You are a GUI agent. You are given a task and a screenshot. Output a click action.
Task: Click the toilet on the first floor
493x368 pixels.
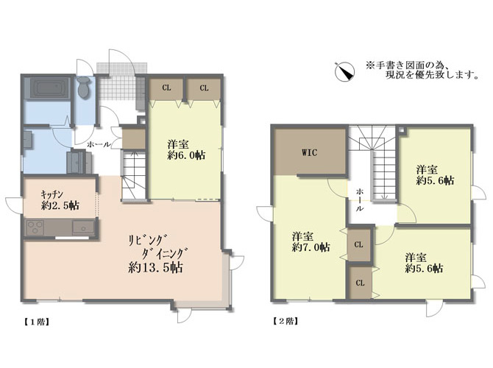point(84,87)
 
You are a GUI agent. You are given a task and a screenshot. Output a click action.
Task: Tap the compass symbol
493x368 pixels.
point(344,71)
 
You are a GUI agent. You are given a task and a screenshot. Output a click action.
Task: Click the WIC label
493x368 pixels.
point(309,153)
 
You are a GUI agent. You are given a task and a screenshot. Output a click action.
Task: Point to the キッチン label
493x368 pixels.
point(52,195)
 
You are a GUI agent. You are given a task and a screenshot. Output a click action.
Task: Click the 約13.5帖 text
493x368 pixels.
point(156,268)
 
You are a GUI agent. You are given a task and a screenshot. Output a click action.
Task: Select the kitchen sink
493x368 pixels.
point(83,227)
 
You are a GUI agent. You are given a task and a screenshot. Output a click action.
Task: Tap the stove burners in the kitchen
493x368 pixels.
point(35,227)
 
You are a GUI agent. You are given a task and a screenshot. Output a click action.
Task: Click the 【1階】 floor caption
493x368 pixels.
point(37,322)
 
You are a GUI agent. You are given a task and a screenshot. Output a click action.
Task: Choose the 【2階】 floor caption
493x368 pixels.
point(285,321)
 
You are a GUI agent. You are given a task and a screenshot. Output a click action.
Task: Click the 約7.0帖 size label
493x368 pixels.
point(311,247)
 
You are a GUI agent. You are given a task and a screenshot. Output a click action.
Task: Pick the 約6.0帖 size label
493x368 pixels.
point(186,155)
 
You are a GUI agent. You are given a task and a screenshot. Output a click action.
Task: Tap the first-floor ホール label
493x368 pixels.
point(99,144)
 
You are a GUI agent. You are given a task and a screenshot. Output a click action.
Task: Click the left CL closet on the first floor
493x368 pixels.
point(166,88)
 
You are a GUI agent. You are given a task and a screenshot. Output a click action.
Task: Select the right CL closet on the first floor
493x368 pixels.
point(204,88)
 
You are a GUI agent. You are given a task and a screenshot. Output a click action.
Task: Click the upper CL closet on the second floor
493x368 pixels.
point(359,244)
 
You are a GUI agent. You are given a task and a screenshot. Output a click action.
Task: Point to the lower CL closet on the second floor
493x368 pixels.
point(360,283)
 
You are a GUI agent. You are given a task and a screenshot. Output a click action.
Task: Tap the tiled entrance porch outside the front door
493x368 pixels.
point(121,68)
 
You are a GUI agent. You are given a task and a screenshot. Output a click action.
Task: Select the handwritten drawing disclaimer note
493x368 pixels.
point(422,70)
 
